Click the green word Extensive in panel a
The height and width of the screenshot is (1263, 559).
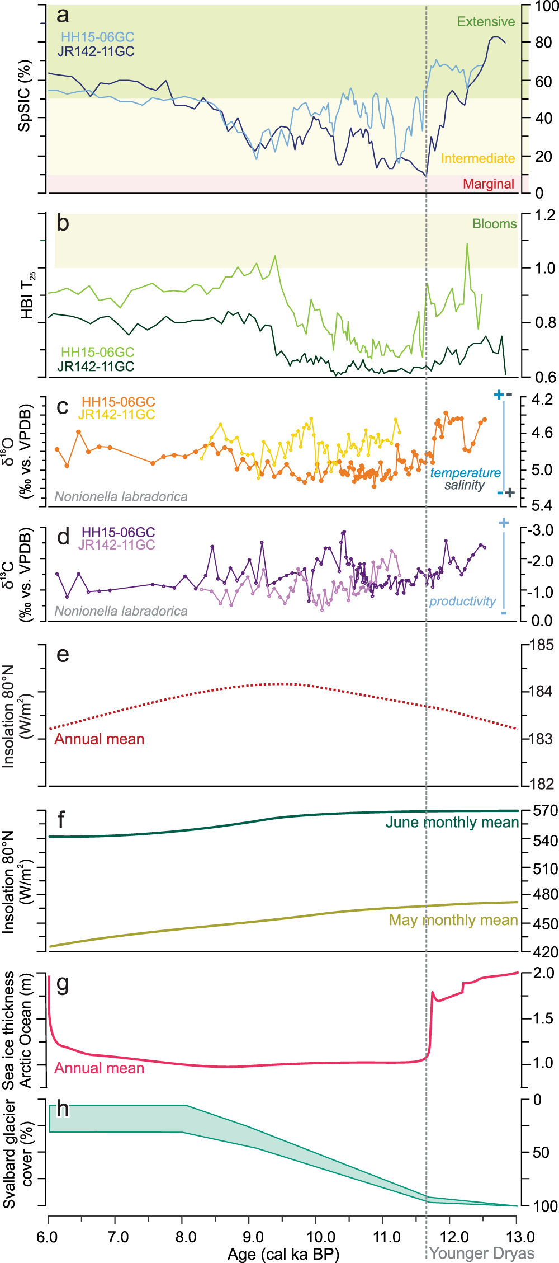tap(485, 22)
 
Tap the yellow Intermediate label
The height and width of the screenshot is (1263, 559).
tap(477, 158)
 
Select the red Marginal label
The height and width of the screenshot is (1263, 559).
tap(488, 184)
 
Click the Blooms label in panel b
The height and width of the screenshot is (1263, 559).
tap(494, 224)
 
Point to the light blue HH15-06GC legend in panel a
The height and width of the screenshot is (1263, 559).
tap(97, 37)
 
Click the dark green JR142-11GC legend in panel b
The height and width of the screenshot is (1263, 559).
tap(96, 367)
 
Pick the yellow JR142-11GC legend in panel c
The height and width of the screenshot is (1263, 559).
tap(116, 415)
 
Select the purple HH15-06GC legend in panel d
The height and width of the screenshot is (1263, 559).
tap(118, 532)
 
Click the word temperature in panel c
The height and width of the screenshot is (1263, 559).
tap(465, 473)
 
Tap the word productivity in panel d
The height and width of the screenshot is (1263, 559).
tap(462, 601)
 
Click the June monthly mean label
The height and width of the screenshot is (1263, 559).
tap(452, 822)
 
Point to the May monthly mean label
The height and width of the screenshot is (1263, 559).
tap(453, 920)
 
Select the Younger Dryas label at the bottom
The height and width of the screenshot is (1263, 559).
tap(481, 1253)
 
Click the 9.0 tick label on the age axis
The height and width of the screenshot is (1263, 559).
tap(254, 1237)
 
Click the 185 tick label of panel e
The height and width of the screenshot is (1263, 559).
tap(541, 645)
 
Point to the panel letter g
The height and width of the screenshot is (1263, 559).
tap(63, 983)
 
